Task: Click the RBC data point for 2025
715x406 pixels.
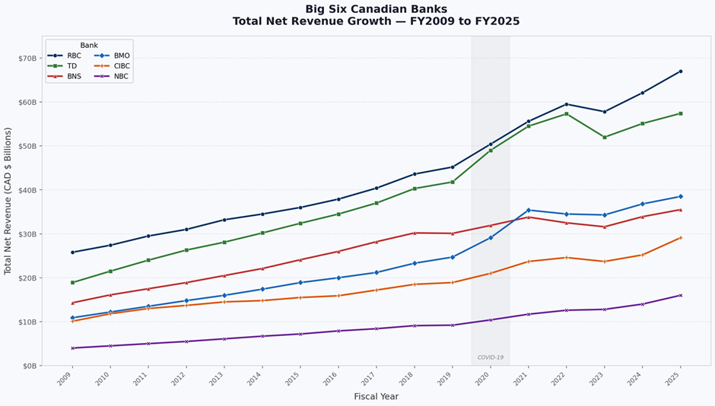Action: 680,71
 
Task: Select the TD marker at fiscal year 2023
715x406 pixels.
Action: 605,137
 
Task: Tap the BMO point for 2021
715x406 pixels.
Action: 529,210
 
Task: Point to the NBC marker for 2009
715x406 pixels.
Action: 72,348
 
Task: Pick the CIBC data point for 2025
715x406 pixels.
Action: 680,237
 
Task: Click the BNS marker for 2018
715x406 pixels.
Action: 415,233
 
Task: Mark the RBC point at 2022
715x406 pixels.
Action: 567,104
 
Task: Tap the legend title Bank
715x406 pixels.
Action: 89,46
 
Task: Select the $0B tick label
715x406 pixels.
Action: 30,366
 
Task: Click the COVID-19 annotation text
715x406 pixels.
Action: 491,357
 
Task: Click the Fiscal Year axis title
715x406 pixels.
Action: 376,396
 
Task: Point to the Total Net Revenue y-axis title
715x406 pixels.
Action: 8,201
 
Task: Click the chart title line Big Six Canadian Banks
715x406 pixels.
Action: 376,9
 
